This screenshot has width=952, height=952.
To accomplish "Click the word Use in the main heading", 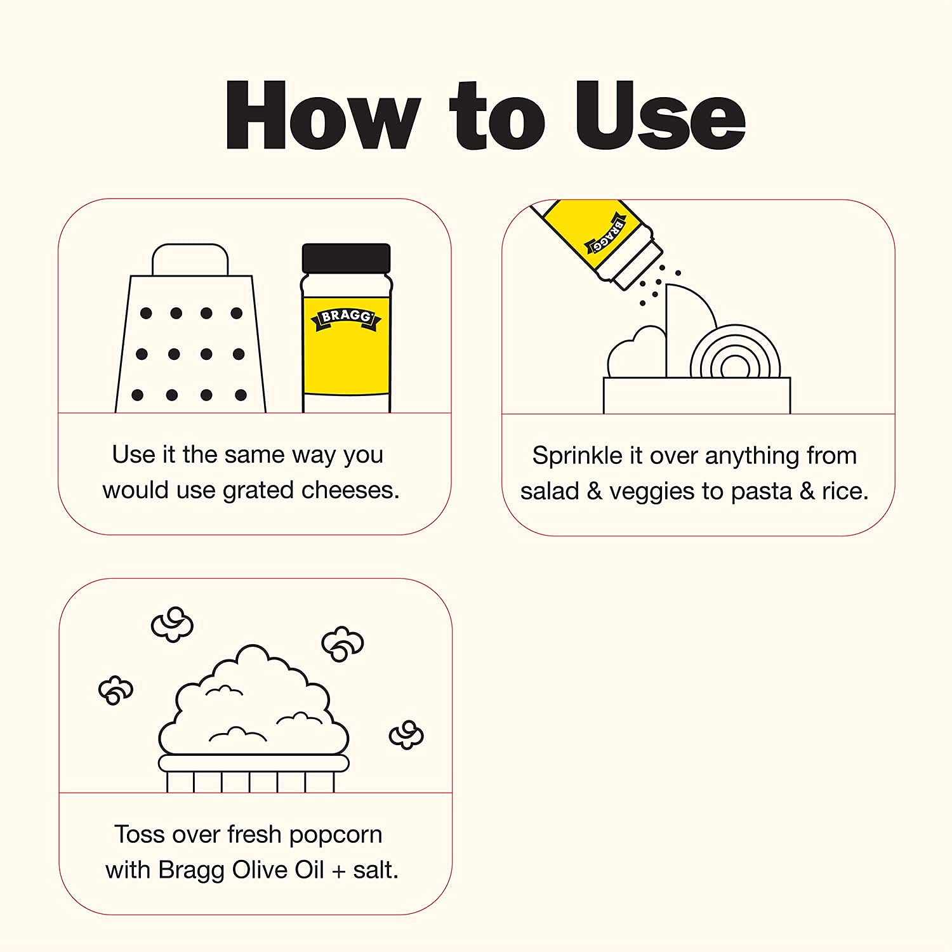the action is point(660,116).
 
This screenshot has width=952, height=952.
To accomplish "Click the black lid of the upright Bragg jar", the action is point(346,258).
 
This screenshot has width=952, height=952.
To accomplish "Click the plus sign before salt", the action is point(339,871).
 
